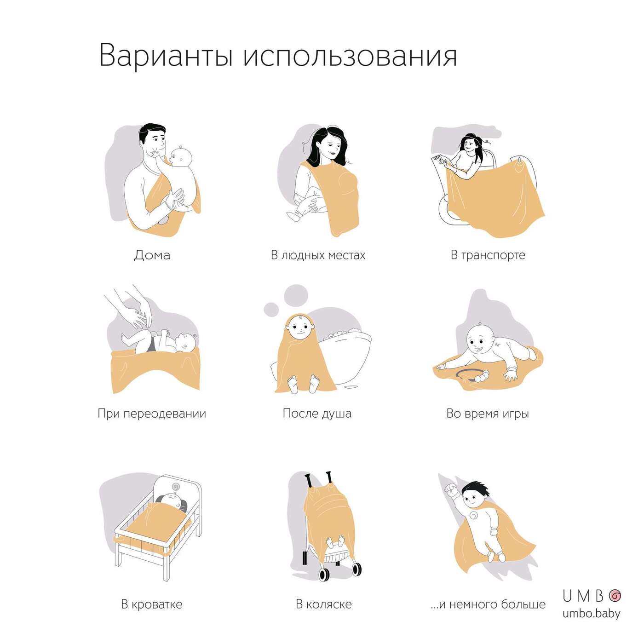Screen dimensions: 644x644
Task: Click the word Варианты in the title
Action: click(x=166, y=55)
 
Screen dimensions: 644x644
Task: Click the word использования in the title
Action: click(x=350, y=56)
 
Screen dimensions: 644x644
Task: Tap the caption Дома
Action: click(x=152, y=255)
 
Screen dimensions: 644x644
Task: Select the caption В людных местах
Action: click(x=318, y=255)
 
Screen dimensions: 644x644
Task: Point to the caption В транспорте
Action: click(x=488, y=255)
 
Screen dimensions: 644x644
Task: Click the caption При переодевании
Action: click(x=152, y=414)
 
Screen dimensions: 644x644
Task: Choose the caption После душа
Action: click(x=317, y=414)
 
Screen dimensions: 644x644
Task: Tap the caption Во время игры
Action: click(x=488, y=414)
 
